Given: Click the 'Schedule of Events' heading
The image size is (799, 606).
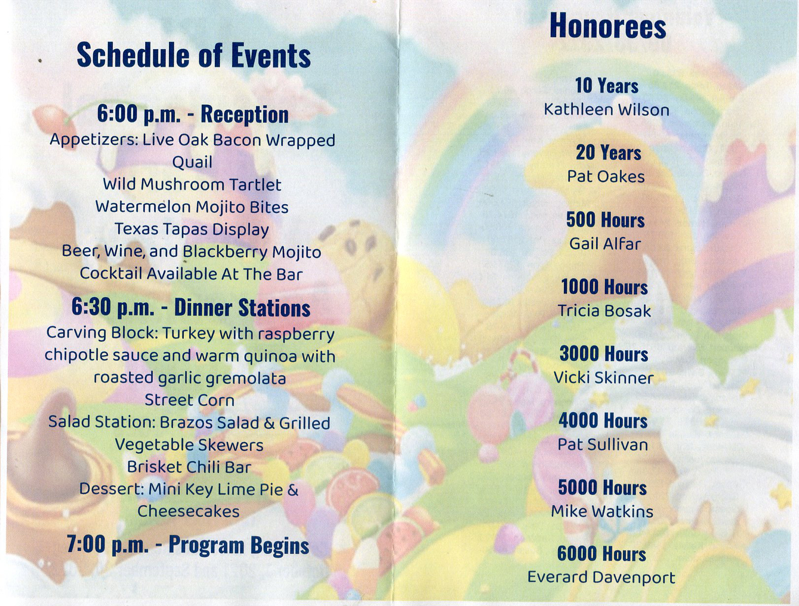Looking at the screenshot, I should click(194, 55).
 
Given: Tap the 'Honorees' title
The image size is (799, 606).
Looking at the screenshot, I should click(607, 26).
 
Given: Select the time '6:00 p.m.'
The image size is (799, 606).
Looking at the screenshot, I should click(138, 114).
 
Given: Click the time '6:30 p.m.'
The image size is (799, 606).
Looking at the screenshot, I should click(113, 308).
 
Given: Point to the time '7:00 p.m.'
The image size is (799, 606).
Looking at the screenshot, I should click(107, 544).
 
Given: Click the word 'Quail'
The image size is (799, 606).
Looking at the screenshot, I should click(192, 162).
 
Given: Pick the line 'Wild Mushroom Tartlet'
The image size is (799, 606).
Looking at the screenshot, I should click(192, 184).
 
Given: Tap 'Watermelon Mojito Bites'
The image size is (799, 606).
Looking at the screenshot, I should click(192, 207).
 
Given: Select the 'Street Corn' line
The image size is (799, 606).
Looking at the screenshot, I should click(189, 400).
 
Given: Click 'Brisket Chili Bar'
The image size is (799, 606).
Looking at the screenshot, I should click(189, 467).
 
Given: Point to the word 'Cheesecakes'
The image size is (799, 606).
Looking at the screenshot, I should click(188, 511).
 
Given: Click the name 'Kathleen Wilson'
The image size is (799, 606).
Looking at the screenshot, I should click(606, 109).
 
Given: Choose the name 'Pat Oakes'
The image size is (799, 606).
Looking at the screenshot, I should click(605, 176).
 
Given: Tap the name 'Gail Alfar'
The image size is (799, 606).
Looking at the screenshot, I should click(605, 244).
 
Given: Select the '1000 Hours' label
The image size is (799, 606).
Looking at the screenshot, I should click(604, 287).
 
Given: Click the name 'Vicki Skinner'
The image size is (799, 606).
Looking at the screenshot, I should click(603, 378).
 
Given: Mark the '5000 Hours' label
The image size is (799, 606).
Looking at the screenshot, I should click(602, 488).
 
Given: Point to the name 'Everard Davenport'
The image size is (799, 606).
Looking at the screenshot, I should click(601, 577).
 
